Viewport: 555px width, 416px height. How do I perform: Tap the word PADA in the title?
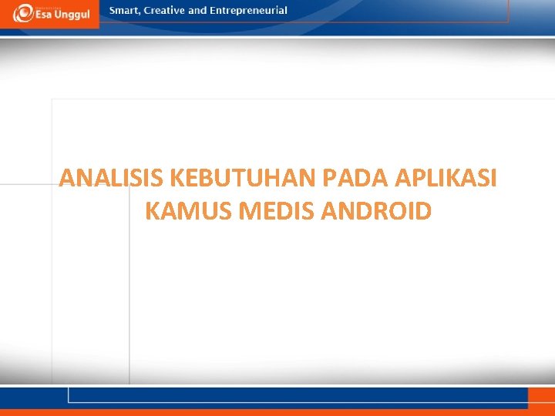355,179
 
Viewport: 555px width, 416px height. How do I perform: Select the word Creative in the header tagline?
164,11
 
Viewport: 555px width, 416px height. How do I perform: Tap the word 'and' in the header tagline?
197,11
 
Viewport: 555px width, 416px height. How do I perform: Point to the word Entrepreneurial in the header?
248,11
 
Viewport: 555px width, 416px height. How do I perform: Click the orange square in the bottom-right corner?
540,398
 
